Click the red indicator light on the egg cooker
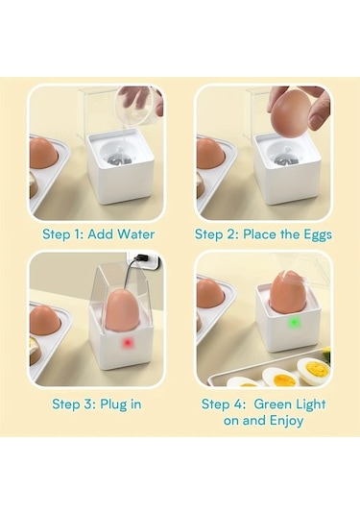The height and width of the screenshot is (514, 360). tap(127, 343)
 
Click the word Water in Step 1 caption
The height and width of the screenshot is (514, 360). tap(136, 234)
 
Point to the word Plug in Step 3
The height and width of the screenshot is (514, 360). tap(113, 404)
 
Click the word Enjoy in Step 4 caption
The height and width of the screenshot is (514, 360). tap(286, 421)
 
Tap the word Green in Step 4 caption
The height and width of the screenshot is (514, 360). tap(273, 404)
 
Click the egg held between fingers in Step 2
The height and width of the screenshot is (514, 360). tap(289, 113)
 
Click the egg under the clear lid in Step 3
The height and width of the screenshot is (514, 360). tap(123, 310)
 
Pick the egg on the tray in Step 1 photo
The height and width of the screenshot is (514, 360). tap(44, 154)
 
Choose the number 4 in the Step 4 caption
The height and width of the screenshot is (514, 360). tap(237, 404)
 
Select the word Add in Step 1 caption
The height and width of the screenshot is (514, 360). tap(101, 234)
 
